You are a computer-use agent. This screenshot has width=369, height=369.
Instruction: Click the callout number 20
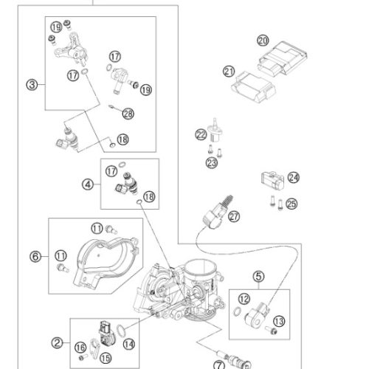pos(263,41)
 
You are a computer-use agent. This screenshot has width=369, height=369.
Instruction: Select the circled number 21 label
pos(229,72)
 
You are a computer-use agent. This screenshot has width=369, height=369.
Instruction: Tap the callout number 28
pos(128,114)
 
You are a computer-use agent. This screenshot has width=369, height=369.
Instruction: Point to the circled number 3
pos(32,85)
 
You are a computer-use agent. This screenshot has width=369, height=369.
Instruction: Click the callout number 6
pos(35,257)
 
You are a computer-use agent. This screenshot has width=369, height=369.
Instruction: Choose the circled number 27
pos(234,216)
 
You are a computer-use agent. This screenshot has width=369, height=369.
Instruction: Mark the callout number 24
pos(294,178)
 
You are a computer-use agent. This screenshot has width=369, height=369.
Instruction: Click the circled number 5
pos(258,276)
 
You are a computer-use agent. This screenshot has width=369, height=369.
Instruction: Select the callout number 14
pos(129,344)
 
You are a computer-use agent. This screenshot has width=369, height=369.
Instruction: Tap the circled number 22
pos(201,134)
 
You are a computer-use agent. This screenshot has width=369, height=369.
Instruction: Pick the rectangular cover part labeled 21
pos(253,87)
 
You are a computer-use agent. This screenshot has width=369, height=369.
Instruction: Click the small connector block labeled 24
pos(272,180)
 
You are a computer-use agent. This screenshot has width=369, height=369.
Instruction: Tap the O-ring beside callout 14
pos(120,330)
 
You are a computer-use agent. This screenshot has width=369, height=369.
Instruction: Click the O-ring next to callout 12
pos(237,311)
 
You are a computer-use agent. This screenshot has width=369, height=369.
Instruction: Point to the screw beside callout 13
pos(271,330)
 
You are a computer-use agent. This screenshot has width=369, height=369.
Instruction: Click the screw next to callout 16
pos(83,357)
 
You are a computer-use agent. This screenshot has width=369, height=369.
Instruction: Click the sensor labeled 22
pos(215,131)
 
